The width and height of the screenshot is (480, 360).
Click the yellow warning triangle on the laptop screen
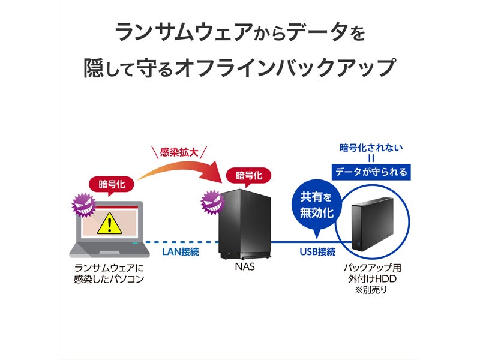point(109,223)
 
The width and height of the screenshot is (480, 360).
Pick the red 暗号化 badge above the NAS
point(248,176)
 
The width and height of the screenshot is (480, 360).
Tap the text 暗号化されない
point(371,148)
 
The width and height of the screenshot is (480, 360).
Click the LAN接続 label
point(181,251)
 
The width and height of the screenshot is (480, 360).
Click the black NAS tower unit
point(245,224)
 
